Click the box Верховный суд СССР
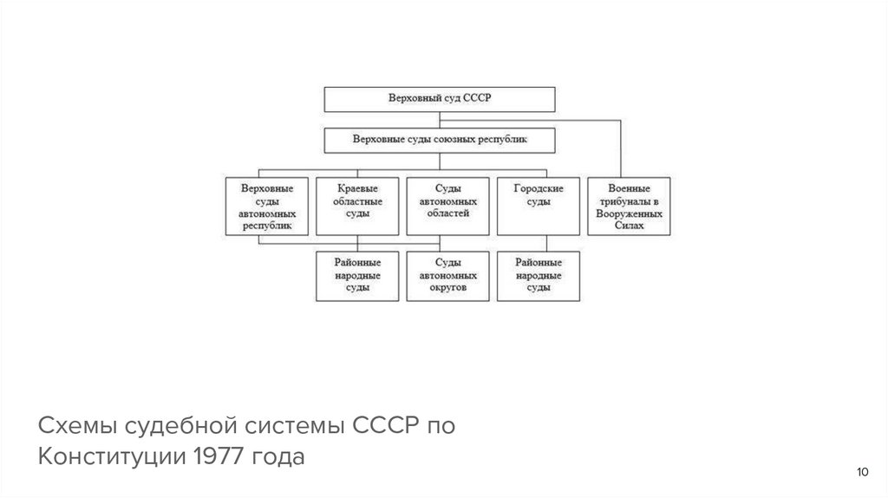pyautogui.click(x=439, y=99)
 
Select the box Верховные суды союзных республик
pyautogui.click(x=439, y=139)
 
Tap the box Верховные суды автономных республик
pyautogui.click(x=266, y=206)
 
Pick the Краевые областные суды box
pyautogui.click(x=357, y=206)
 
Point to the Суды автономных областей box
pyautogui.click(x=447, y=206)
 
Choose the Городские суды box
pyautogui.click(x=539, y=206)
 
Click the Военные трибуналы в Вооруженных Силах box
pyautogui.click(x=629, y=206)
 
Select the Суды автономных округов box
pyautogui.click(x=447, y=275)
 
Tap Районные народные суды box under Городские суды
pyautogui.click(x=539, y=275)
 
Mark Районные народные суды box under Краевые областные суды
pyautogui.click(x=357, y=275)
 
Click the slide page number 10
pyautogui.click(x=861, y=472)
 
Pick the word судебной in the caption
pyautogui.click(x=184, y=427)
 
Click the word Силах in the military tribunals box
pyautogui.click(x=629, y=225)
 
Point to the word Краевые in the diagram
pyautogui.click(x=357, y=188)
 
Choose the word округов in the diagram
pyautogui.click(x=447, y=287)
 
